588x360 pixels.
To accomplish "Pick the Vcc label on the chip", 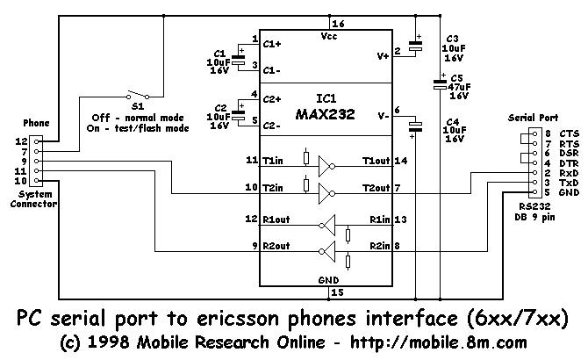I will (330, 37).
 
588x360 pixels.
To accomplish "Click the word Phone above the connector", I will (35, 123).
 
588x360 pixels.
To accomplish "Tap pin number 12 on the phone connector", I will (21, 140).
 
